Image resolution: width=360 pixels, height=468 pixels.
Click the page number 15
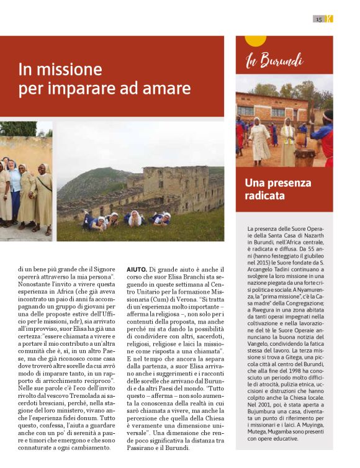(318, 19)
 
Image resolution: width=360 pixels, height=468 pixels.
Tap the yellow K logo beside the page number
(329, 19)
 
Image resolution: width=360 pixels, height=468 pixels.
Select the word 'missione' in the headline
(71, 70)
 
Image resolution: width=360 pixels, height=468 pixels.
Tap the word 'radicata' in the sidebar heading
(265, 196)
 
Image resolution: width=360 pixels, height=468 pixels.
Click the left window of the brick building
(246, 110)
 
